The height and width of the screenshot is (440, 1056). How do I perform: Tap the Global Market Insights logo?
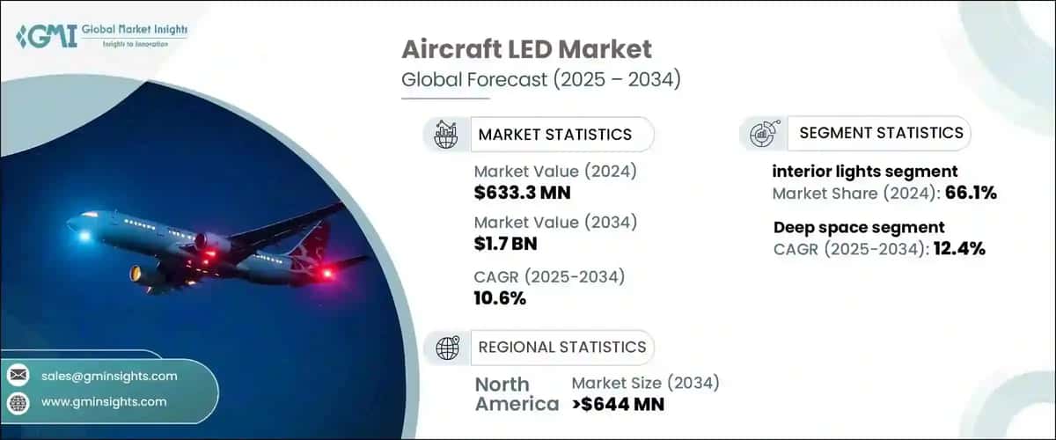pyautogui.click(x=101, y=34)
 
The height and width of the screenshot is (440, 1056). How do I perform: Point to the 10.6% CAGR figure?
pyautogui.click(x=499, y=298)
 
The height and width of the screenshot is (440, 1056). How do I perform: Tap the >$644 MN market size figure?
pyautogui.click(x=618, y=404)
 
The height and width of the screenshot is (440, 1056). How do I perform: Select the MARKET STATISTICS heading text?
pyautogui.click(x=554, y=135)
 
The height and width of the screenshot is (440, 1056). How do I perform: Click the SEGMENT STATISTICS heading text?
pyautogui.click(x=881, y=133)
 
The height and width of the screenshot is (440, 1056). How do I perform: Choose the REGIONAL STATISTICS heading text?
pyautogui.click(x=561, y=347)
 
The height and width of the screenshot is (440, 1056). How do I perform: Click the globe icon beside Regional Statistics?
pyautogui.click(x=447, y=348)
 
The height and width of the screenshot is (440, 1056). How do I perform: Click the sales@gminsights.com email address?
pyautogui.click(x=109, y=376)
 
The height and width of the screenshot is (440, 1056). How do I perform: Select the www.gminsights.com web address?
pyautogui.click(x=104, y=401)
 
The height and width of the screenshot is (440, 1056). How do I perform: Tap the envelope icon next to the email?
pyautogui.click(x=18, y=376)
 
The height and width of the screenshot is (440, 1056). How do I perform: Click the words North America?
pyautogui.click(x=516, y=394)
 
